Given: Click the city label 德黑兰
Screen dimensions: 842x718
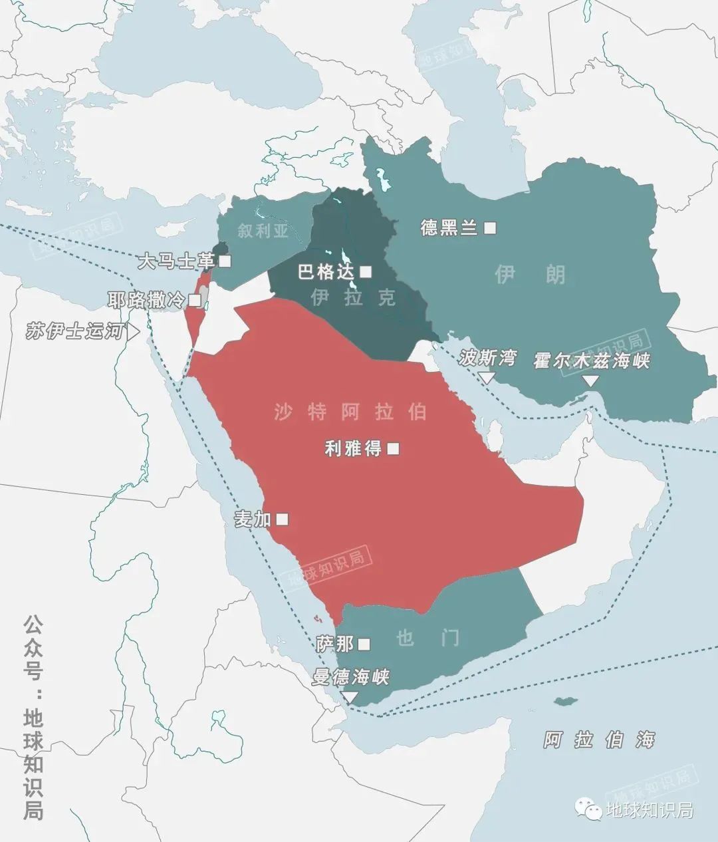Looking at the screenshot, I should click(x=449, y=228).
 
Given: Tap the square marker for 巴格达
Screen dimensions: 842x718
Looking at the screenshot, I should click(x=366, y=271).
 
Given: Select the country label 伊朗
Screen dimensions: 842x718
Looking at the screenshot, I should click(x=530, y=273).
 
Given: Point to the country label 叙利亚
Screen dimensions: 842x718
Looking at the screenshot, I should click(x=263, y=231).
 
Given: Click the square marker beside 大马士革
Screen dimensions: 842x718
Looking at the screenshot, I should click(x=225, y=261).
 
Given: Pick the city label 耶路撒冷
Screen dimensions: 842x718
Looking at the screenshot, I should click(x=146, y=300).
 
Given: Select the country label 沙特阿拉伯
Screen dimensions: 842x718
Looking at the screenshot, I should click(x=350, y=412).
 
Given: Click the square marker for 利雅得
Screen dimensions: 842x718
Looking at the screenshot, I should click(x=393, y=449).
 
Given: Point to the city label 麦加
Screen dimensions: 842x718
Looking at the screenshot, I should click(x=253, y=519).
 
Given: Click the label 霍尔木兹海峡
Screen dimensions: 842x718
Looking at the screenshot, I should click(x=591, y=361).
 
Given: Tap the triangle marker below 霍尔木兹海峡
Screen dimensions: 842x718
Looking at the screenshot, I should click(x=590, y=381).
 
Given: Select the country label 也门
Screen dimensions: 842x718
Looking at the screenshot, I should click(x=427, y=638).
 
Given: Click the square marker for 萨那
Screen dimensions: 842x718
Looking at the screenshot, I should click(x=364, y=644).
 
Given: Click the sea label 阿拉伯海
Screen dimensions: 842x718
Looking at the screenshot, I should click(x=599, y=740).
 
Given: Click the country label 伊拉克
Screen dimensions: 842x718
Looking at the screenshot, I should click(x=353, y=297).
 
